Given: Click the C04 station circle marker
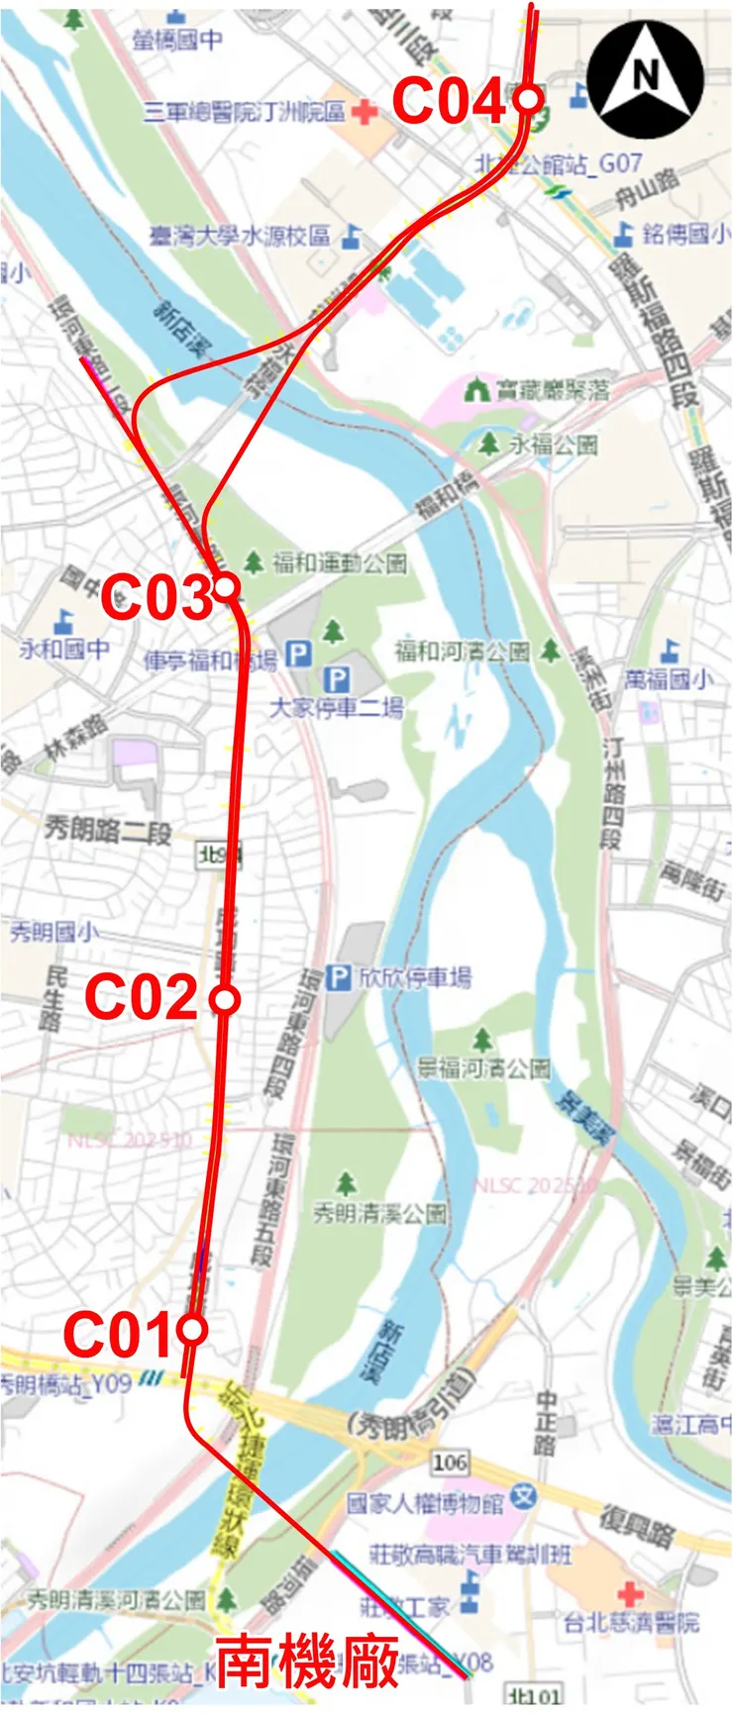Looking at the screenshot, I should tap(528, 99).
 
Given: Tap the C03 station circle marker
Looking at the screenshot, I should tap(227, 587).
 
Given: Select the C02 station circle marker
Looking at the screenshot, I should tap(226, 1000).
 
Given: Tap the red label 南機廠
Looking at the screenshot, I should tap(308, 1662).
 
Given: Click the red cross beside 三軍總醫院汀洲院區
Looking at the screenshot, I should tap(365, 112).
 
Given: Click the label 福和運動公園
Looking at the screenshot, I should tap(339, 563).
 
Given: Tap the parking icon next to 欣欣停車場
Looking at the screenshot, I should tap(340, 978).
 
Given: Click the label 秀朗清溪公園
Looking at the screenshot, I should tap(379, 1212).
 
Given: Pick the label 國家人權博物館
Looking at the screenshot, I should tap(426, 1503).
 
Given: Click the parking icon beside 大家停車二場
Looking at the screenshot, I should tap(338, 679).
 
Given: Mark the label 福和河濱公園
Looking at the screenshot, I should tap(463, 652).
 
